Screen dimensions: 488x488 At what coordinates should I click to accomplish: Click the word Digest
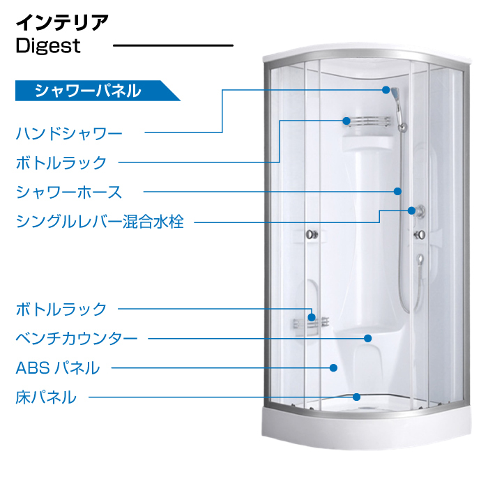[x=48, y=47]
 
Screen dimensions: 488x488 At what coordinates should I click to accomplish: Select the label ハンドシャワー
[x=69, y=132]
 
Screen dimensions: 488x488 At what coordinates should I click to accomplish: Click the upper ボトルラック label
[x=61, y=162]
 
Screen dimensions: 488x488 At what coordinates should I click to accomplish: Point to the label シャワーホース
[x=69, y=192]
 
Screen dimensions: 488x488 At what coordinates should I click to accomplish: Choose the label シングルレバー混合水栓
[x=100, y=222]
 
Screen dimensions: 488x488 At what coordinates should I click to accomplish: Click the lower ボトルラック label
[x=61, y=308]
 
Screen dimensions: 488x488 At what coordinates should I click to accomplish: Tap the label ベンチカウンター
[x=77, y=339]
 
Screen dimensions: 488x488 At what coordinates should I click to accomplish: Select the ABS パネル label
[x=58, y=367]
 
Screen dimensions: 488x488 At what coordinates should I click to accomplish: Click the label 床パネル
[x=46, y=397]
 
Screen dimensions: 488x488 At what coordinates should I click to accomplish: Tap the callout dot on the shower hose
[x=397, y=191]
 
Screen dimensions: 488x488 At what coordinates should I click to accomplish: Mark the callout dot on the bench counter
[x=367, y=338]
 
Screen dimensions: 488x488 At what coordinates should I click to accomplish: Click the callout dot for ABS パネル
[x=333, y=367]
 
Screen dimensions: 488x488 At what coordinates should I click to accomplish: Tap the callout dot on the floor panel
[x=356, y=397]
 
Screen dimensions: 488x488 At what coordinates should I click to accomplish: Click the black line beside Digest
[x=173, y=47]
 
